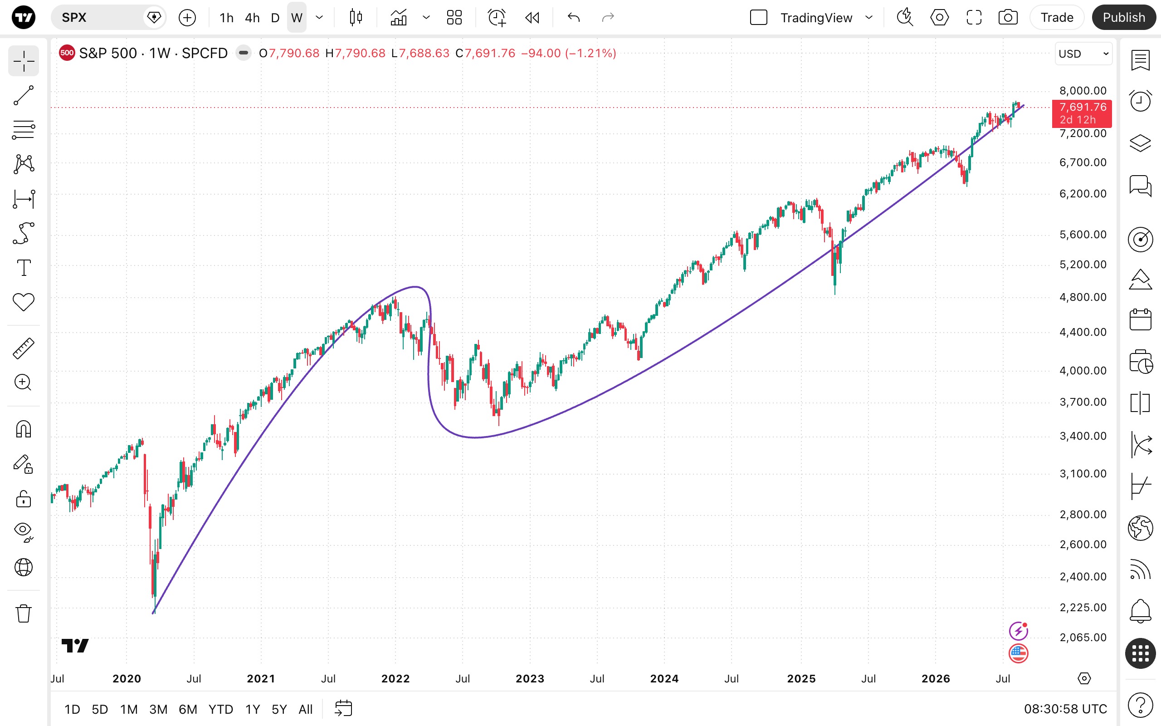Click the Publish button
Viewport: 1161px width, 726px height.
point(1123,17)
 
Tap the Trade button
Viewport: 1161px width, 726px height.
point(1056,17)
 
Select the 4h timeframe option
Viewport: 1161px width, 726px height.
point(252,18)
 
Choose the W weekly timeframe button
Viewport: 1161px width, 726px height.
point(297,18)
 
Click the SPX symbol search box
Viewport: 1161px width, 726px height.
point(108,18)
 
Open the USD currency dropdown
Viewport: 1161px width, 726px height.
point(1083,53)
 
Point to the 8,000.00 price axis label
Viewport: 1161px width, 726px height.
point(1083,91)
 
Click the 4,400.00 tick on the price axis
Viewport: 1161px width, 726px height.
point(1083,332)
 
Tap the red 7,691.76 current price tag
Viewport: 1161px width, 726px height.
point(1081,113)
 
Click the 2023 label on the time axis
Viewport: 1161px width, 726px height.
point(530,678)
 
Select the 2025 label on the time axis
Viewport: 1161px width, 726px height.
point(801,678)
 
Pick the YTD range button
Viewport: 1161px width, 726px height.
point(221,709)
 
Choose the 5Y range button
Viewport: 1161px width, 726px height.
point(279,709)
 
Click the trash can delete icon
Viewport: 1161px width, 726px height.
point(24,613)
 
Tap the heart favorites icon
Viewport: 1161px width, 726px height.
point(24,302)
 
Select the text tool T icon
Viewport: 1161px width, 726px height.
point(24,267)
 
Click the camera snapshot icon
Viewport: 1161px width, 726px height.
point(1008,18)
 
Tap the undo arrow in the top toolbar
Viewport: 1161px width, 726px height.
point(573,18)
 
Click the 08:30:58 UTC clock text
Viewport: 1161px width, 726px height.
point(1065,709)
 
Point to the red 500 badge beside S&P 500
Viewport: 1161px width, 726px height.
point(67,53)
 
